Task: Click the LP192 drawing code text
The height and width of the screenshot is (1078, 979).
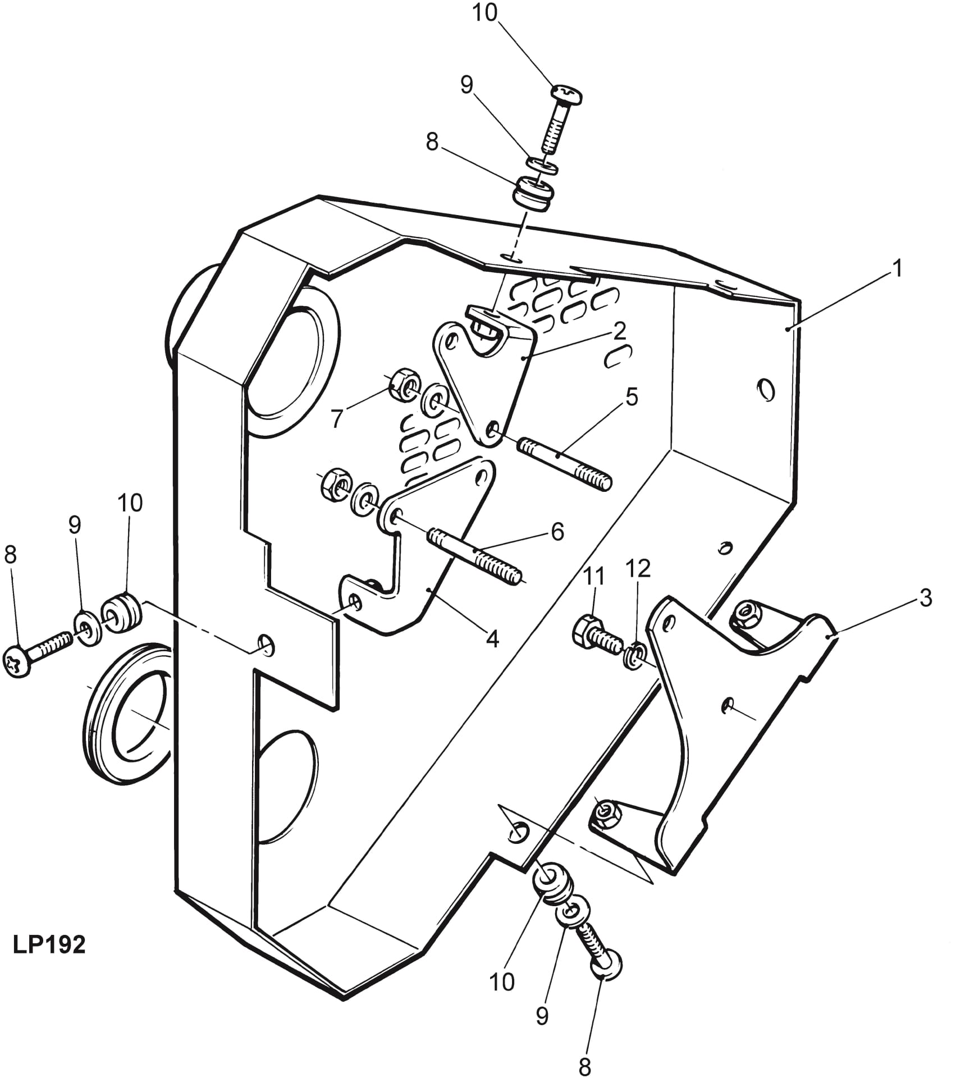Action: click(49, 945)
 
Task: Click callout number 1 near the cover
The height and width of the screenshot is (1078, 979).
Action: click(896, 268)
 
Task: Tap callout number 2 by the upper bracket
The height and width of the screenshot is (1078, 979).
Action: click(619, 331)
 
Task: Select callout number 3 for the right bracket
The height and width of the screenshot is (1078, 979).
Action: click(925, 598)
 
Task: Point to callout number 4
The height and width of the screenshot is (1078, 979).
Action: click(492, 638)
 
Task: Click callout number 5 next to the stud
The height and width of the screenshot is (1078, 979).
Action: click(632, 397)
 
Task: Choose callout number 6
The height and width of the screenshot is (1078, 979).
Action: click(557, 531)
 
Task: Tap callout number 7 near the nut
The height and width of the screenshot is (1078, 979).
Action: click(336, 418)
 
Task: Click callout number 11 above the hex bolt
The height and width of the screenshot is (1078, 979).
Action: click(594, 577)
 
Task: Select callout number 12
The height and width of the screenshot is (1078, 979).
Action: click(638, 569)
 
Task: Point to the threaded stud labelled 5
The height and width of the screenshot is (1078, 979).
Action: click(565, 463)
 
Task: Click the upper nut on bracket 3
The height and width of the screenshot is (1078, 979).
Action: click(747, 613)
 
